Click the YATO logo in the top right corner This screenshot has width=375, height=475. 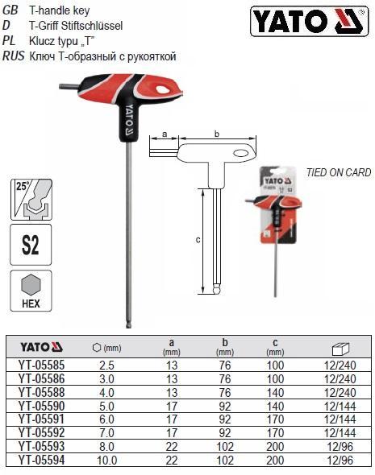(x=309, y=22)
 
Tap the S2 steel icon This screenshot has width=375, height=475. (x=31, y=245)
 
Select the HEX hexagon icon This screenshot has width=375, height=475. (x=31, y=291)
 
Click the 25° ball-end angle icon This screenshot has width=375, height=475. (x=31, y=200)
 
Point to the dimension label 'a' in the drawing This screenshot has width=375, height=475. (x=165, y=134)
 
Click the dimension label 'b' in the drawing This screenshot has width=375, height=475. (x=217, y=134)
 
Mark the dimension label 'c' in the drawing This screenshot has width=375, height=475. (x=198, y=240)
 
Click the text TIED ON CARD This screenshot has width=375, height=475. (x=339, y=172)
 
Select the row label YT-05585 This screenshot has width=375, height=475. (x=42, y=366)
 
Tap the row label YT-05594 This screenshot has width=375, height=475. (x=42, y=461)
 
